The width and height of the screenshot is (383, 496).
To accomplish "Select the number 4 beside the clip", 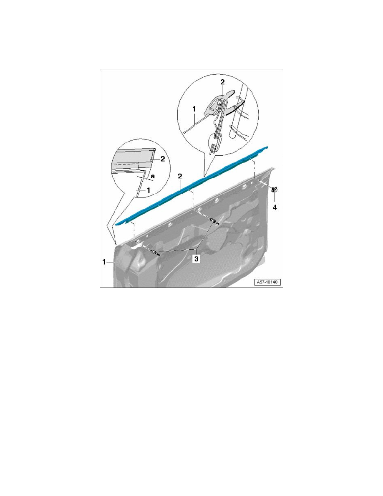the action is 275,208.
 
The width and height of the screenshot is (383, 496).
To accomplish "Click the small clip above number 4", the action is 274,190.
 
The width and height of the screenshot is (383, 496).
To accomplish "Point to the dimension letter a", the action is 153,175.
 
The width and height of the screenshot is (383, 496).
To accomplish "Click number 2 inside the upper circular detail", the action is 222,82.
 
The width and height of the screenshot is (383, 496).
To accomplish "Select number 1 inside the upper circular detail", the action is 194,109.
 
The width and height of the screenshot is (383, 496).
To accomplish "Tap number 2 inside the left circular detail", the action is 163,159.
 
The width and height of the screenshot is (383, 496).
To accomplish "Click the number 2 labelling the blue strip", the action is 179,177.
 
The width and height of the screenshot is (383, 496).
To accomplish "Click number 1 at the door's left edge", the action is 104,262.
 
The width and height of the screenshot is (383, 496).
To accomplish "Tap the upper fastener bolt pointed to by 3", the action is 214,221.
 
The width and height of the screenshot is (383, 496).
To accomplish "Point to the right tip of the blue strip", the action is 267,147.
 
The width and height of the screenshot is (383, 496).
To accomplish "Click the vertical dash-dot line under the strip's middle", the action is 193,200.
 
